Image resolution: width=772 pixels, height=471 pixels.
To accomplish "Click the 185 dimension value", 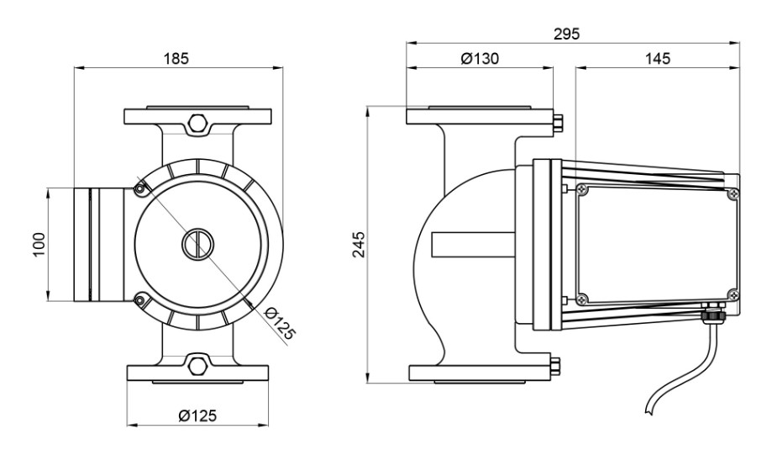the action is pos(176,58).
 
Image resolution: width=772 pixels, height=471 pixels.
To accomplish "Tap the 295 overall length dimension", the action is pos(567,34).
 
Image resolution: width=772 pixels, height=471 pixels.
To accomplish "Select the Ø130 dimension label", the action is pos(480,58).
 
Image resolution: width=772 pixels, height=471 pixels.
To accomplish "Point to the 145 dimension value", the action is pos(658,58).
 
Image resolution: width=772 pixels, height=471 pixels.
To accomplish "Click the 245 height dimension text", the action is pos(360,244).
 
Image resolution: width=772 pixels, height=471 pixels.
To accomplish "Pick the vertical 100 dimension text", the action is pos(39,244).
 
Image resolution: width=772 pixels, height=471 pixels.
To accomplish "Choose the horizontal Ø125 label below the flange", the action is pos(197,415).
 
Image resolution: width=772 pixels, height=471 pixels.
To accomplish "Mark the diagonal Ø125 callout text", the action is pos(280,323).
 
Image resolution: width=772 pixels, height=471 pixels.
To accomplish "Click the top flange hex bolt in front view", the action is pos(198,122).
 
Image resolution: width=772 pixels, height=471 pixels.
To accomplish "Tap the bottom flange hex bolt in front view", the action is pos(198,366).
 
